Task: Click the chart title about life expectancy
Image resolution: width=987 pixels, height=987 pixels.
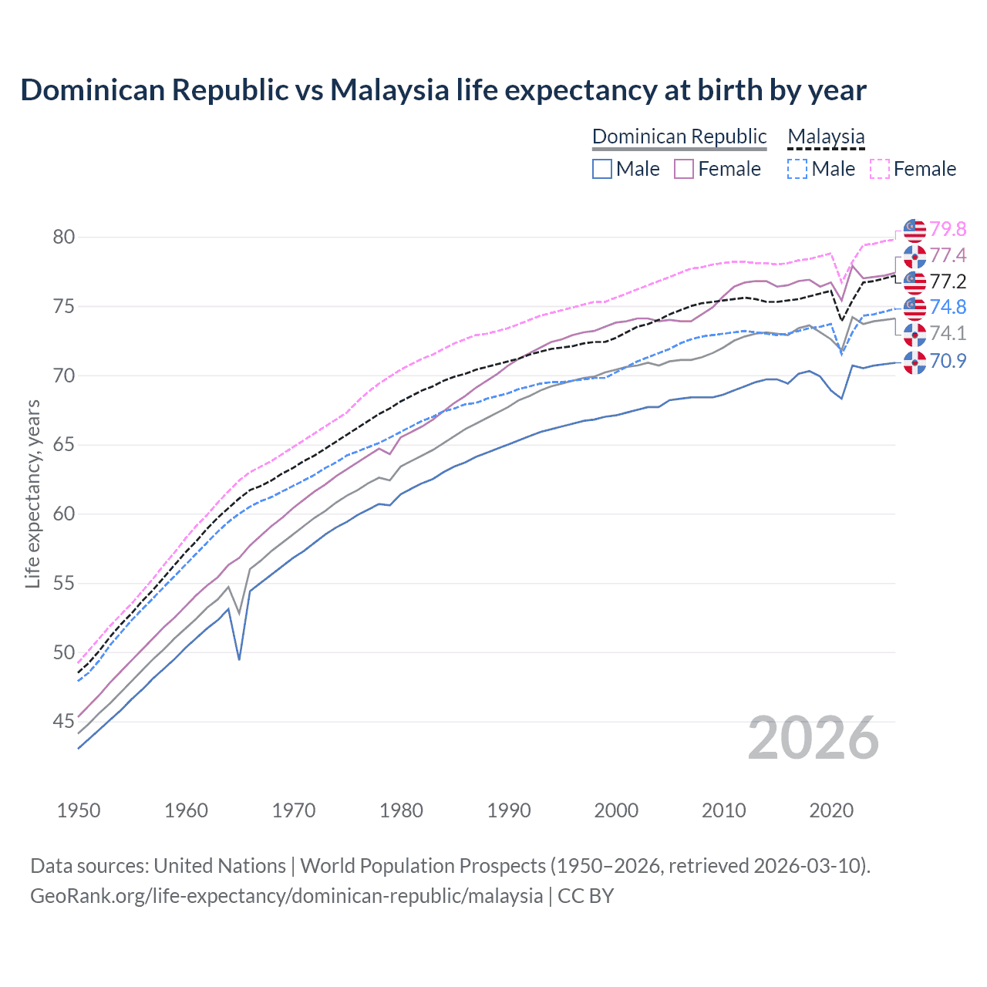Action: point(443,90)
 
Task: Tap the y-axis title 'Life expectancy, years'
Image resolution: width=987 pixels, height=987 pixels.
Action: point(32,493)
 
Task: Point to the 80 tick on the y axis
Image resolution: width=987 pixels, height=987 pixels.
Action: point(64,237)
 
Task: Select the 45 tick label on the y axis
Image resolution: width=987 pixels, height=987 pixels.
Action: point(64,722)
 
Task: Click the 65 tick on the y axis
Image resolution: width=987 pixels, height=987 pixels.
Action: point(64,445)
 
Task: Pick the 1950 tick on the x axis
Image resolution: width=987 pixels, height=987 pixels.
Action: point(79,810)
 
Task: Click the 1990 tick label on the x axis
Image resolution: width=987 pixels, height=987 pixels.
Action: point(509,810)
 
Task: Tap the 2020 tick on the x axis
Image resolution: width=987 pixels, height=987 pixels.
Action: point(831,810)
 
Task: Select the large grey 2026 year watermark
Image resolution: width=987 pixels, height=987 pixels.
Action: point(814,738)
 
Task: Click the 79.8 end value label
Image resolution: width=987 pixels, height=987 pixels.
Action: point(948,229)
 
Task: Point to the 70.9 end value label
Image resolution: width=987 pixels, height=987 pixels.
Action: point(948,361)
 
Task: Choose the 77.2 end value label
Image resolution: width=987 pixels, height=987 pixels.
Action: point(948,281)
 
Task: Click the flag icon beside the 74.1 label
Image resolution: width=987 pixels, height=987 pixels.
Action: point(915,334)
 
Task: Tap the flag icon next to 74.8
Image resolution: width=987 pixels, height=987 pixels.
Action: point(915,307)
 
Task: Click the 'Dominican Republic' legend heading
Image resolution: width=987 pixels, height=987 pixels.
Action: point(679,136)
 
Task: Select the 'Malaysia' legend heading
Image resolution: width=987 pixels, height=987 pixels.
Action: point(826,136)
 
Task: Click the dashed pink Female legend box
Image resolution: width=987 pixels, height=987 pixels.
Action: point(880,169)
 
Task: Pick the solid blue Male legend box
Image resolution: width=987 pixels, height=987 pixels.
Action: point(602,169)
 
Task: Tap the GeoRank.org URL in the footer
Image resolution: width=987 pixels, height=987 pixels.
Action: point(286,896)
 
